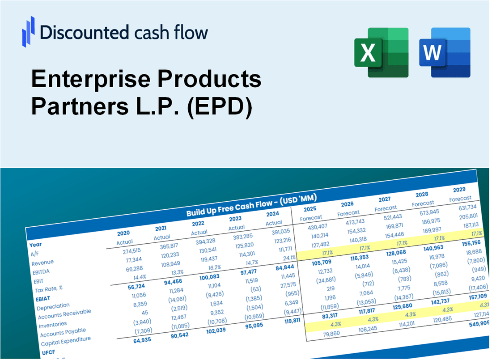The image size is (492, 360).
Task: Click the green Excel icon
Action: tap(381, 52)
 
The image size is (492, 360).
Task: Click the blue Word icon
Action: tap(445, 52)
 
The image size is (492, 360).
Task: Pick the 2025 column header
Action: tap(310, 209)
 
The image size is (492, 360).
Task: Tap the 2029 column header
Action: tap(459, 190)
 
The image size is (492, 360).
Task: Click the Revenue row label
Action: tap(42, 262)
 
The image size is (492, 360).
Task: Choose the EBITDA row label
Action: tap(41, 271)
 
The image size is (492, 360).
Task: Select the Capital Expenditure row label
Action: tap(66, 342)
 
